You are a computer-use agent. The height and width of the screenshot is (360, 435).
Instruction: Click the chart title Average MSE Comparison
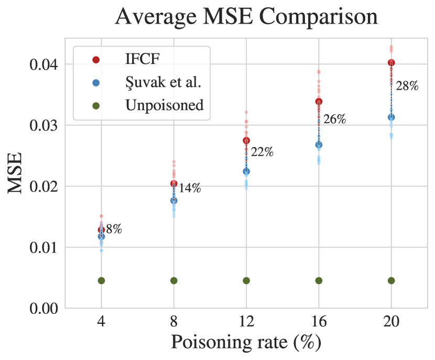click(246, 17)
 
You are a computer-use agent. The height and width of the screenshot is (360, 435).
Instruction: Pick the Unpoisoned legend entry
click(164, 105)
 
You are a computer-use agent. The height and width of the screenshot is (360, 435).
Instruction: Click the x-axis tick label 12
click(246, 321)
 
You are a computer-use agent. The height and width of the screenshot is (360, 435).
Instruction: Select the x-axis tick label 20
click(391, 321)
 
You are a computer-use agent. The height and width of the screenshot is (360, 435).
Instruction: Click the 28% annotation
click(407, 86)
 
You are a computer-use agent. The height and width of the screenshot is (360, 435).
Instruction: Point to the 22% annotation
click(262, 152)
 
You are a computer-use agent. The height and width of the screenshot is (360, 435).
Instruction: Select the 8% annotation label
click(114, 229)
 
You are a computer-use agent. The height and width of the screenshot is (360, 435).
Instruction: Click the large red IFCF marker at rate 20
click(391, 63)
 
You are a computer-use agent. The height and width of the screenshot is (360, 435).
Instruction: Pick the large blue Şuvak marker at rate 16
click(319, 145)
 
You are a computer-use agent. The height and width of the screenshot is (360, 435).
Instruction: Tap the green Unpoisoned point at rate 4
click(101, 280)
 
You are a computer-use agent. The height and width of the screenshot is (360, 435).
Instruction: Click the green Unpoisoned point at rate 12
click(246, 280)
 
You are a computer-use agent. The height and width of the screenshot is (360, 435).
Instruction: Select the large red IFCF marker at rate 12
click(246, 140)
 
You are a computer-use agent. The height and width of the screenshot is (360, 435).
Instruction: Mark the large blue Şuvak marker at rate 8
click(173, 200)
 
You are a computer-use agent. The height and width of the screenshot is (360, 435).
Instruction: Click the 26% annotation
click(334, 119)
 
